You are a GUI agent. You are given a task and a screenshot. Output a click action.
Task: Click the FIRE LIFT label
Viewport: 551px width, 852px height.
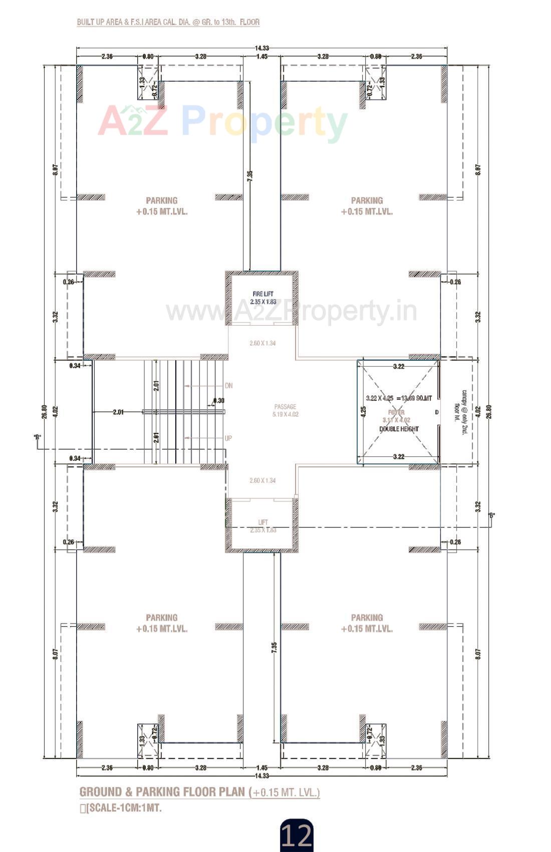(x=263, y=294)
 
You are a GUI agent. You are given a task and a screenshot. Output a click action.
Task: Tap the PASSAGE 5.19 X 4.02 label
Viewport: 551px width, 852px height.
(x=285, y=410)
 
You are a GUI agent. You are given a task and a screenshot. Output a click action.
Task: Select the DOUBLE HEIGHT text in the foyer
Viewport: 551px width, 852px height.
(x=399, y=429)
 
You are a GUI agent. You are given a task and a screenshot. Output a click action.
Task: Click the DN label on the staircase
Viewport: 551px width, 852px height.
(x=228, y=386)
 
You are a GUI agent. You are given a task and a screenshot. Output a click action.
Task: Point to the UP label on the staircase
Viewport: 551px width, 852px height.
(x=228, y=438)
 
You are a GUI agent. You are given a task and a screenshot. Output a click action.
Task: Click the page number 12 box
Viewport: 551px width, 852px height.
(x=297, y=835)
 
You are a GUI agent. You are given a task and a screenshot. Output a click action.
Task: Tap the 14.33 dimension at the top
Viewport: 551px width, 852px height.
(x=261, y=48)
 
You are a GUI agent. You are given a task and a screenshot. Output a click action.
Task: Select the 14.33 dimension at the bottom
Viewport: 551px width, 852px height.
(x=261, y=775)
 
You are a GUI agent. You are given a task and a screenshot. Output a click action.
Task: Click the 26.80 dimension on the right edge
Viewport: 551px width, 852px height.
(x=488, y=411)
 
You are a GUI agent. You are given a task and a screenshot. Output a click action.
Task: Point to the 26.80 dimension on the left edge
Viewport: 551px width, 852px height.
(x=45, y=411)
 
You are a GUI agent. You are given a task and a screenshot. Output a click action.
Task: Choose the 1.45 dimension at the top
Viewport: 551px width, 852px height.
(x=261, y=57)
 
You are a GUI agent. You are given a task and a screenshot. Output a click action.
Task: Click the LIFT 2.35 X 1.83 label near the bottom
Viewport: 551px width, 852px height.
(x=263, y=526)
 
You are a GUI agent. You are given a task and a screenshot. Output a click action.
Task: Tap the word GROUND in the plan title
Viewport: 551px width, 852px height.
(x=100, y=792)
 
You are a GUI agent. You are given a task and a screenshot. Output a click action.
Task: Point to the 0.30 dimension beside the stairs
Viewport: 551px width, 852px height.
(x=219, y=401)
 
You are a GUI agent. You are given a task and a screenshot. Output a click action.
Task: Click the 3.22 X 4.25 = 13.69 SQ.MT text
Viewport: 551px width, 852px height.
(x=398, y=398)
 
